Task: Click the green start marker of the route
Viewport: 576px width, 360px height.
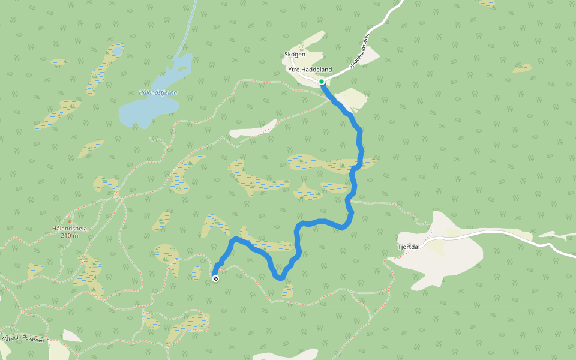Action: [x=322, y=82]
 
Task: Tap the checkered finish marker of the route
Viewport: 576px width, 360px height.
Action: [x=215, y=278]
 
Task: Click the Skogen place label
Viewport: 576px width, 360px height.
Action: [x=295, y=55]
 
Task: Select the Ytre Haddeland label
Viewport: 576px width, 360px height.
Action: [x=310, y=70]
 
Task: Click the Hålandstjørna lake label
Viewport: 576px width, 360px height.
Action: [x=158, y=92]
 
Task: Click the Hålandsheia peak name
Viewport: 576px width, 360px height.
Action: [x=70, y=229]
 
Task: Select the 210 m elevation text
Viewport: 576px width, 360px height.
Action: [x=70, y=235]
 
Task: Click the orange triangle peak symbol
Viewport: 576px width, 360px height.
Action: [x=70, y=221]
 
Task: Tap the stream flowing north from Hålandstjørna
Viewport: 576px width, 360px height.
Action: [x=189, y=27]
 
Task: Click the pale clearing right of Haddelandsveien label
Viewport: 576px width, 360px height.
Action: [x=367, y=56]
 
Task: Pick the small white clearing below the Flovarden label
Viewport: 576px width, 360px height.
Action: [x=71, y=336]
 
